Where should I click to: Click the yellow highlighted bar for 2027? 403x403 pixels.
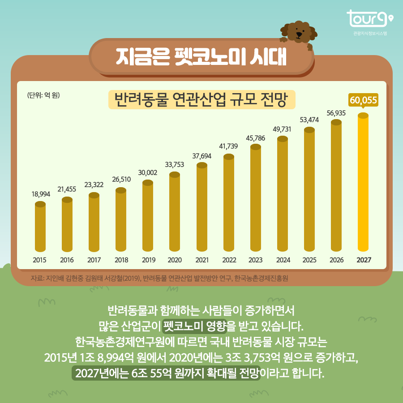pos(363,184)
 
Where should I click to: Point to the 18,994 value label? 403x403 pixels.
pos(40,194)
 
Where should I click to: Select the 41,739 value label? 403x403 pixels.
pos(228,146)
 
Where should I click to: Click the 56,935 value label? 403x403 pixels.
pos(336,113)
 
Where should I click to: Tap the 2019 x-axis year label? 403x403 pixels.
pos(148,260)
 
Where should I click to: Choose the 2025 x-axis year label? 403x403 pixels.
pos(309,260)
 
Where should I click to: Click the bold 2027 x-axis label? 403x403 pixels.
pos(363,260)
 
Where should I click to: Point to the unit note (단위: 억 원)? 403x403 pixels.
pos(43,95)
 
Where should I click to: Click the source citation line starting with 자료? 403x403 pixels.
pos(159,278)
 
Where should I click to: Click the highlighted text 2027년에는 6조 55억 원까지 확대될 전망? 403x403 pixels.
pos(166,373)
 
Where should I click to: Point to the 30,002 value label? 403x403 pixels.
pos(148,172)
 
